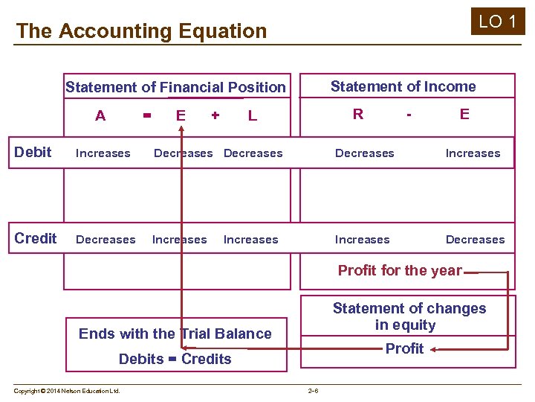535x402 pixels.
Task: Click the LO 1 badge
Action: coord(498,22)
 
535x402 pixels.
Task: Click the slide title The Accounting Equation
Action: coord(141,31)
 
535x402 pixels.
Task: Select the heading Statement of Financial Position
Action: coord(175,87)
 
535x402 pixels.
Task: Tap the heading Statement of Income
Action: coord(403,86)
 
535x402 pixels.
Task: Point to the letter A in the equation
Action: coord(100,115)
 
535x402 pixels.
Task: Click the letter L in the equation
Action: coord(253,115)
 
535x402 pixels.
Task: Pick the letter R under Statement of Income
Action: coord(358,114)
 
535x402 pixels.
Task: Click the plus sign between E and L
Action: coord(215,115)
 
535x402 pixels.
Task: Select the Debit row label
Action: coord(33,153)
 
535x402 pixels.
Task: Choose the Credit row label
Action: coord(36,239)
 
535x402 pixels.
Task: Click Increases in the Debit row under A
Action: coord(103,153)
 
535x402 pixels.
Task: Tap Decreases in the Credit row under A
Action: coord(106,240)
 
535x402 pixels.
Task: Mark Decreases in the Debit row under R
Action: coord(364,153)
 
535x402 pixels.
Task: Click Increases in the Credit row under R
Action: coord(362,240)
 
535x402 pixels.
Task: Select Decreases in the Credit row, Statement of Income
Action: coord(475,240)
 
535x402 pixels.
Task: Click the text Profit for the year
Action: coord(400,270)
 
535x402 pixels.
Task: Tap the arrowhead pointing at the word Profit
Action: coord(433,348)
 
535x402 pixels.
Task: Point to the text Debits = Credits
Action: coord(175,359)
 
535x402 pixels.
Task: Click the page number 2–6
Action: coord(313,390)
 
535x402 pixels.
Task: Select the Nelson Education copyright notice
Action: coord(67,390)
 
